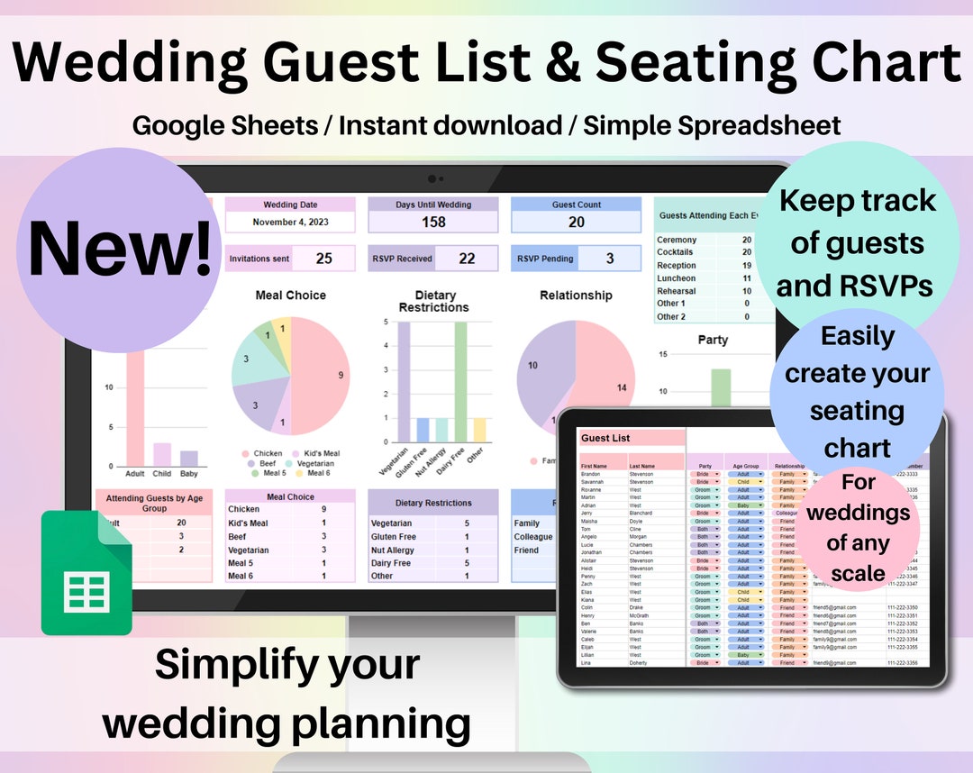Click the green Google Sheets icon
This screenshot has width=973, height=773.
click(x=86, y=573)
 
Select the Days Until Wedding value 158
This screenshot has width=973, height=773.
click(x=433, y=222)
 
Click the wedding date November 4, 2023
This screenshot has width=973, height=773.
click(x=290, y=222)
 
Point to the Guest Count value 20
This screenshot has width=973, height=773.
click(x=576, y=222)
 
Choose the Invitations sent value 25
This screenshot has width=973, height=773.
click(x=323, y=259)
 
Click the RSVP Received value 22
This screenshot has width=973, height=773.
click(x=467, y=259)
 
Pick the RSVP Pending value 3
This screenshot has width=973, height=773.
click(x=609, y=259)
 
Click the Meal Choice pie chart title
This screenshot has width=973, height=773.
click(x=290, y=296)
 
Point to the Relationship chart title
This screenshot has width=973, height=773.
click(x=576, y=296)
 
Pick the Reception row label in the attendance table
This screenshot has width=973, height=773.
click(x=677, y=266)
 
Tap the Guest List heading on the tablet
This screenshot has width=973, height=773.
click(x=605, y=438)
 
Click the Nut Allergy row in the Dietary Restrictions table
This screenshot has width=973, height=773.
click(x=393, y=550)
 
